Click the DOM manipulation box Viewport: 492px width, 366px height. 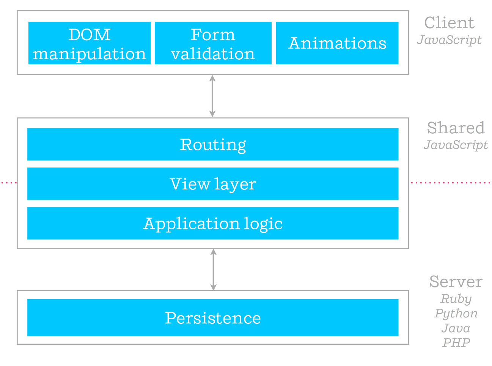tap(90, 43)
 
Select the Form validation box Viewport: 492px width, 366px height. tap(213, 43)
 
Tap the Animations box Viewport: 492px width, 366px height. tap(337, 43)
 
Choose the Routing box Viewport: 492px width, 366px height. tap(213, 144)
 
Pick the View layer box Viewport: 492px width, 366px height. tap(213, 184)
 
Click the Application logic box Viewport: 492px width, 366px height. tap(213, 223)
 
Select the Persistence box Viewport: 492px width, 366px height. tap(213, 317)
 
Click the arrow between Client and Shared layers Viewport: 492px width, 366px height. tap(212, 96)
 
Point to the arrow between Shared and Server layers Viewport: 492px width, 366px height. tap(214, 270)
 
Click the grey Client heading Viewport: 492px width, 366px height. tap(449, 23)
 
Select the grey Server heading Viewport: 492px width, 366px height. tap(456, 282)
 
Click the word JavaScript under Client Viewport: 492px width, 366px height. tap(449, 40)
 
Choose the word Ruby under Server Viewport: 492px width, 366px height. tap(456, 299)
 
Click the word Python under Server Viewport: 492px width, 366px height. tap(456, 314)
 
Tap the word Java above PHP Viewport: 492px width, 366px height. tap(456, 328)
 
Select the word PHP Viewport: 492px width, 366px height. tap(456, 342)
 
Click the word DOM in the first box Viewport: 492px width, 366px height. tap(90, 35)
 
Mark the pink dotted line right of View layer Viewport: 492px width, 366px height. tap(451, 183)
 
